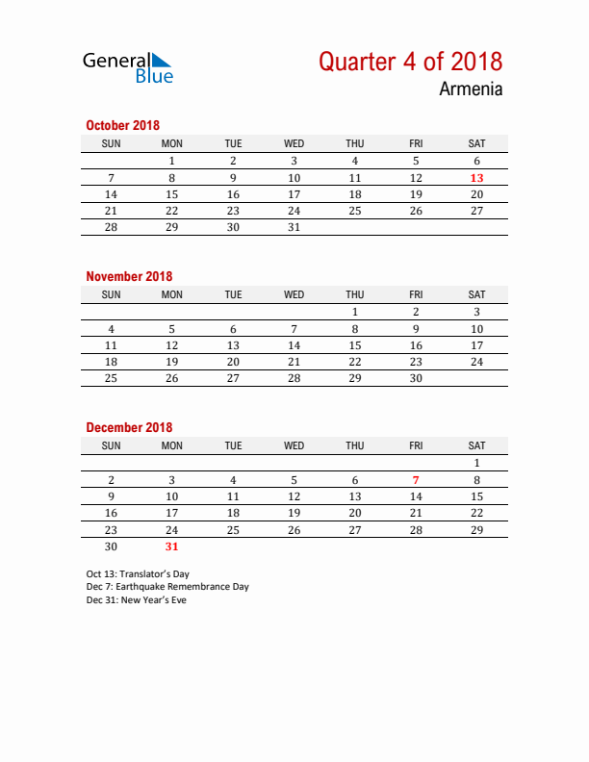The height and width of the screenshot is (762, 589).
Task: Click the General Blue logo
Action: [128, 66]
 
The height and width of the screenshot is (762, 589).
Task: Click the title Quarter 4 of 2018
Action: [410, 62]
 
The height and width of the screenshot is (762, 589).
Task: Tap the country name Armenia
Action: [471, 89]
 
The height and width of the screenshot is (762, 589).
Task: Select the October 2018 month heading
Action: [123, 125]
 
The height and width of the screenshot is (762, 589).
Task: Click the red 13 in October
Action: [476, 178]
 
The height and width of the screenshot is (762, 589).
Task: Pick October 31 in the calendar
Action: [294, 227]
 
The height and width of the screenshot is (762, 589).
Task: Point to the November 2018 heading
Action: [129, 276]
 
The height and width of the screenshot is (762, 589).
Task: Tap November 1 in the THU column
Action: [355, 312]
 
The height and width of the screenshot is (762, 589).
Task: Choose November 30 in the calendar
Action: [416, 378]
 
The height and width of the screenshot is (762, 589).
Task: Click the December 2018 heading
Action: [129, 427]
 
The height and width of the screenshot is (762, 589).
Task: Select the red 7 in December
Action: [416, 480]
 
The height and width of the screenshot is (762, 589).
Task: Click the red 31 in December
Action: [172, 546]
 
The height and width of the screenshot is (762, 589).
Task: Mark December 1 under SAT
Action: [476, 463]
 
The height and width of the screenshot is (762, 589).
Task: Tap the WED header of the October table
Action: [294, 143]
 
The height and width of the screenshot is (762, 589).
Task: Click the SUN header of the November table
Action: [112, 294]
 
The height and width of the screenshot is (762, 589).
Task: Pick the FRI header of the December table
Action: [416, 445]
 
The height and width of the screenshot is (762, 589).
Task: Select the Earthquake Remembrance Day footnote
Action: [166, 587]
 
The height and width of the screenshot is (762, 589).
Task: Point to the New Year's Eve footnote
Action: [136, 600]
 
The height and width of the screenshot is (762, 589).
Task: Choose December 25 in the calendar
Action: [233, 529]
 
